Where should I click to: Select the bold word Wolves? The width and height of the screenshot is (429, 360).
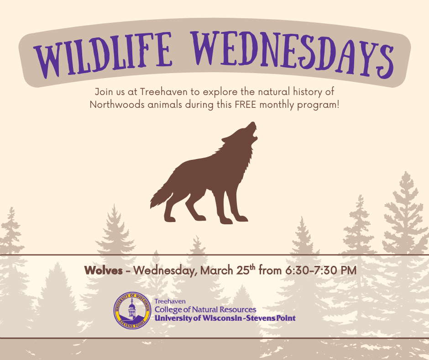coord(103,270)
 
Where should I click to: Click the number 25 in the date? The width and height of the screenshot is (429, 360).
coord(241,270)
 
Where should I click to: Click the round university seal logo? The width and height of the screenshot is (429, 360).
coord(132,311)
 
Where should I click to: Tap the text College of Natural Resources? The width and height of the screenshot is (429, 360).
coord(205,310)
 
